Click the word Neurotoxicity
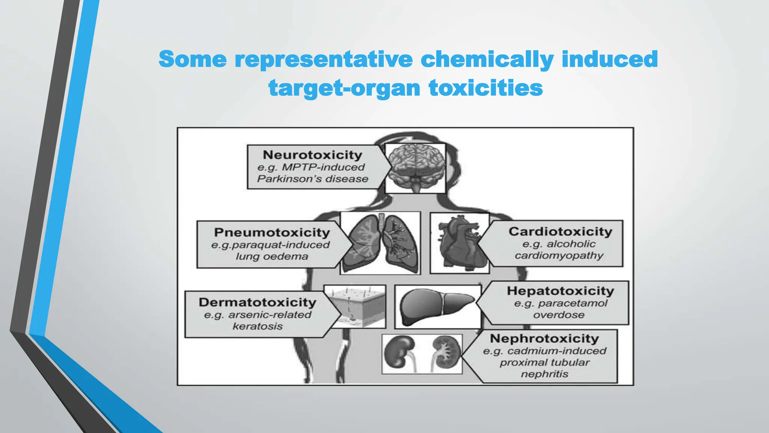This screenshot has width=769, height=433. [x=312, y=155]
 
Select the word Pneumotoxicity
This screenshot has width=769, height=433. [x=272, y=232]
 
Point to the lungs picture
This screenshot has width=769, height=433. [x=380, y=242]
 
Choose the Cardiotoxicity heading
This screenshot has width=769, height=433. [x=560, y=232]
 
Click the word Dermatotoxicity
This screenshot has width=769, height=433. [x=257, y=302]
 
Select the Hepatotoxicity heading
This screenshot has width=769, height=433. [x=560, y=291]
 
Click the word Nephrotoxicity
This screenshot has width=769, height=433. [x=544, y=339]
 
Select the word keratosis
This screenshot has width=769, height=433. [x=258, y=326]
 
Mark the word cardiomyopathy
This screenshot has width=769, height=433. [x=559, y=256]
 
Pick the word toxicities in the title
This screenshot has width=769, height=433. [x=486, y=88]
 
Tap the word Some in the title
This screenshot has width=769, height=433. [x=193, y=59]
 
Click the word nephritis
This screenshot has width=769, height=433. [x=544, y=374]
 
